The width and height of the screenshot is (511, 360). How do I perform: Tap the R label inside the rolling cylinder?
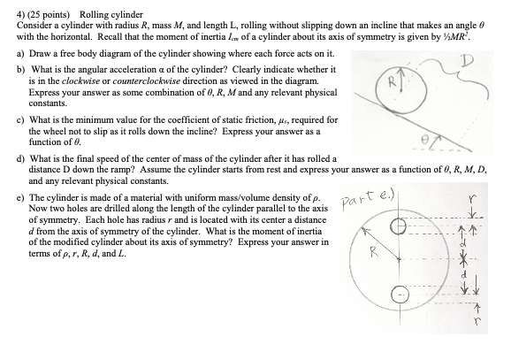click(x=376, y=87)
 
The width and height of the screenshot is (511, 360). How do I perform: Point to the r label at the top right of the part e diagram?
click(x=474, y=201)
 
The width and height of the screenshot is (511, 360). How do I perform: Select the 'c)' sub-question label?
click(x=20, y=119)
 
